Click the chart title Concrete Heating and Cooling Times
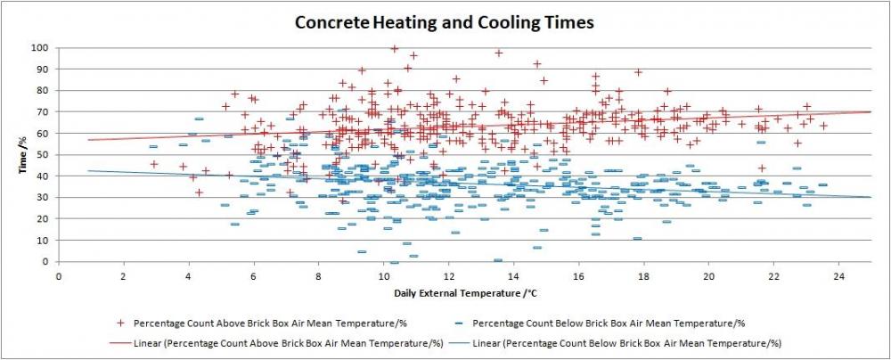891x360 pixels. click(444, 23)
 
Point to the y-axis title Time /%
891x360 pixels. click(23, 154)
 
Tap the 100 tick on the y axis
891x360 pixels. click(43, 48)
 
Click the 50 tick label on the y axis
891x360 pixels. click(45, 155)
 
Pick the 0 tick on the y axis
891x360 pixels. click(48, 262)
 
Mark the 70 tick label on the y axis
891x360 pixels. click(45, 112)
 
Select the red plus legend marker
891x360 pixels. click(120, 323)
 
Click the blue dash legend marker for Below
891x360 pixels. click(460, 323)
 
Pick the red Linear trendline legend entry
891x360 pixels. click(274, 343)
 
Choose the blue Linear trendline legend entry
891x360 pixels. click(616, 343)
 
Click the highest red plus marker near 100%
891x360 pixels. click(395, 49)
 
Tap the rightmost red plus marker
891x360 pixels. click(823, 126)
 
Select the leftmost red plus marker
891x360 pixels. click(154, 164)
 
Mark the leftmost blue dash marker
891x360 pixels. click(153, 147)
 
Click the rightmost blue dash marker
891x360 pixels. click(822, 184)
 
